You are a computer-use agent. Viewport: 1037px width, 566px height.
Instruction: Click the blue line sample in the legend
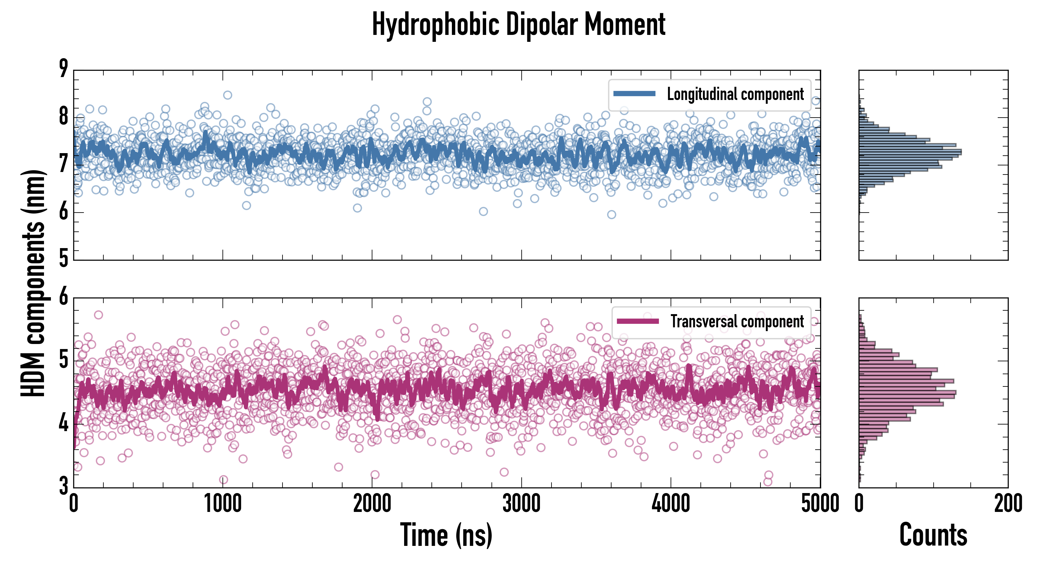pos(634,94)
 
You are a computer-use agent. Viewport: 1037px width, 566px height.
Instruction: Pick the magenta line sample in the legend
pos(638,321)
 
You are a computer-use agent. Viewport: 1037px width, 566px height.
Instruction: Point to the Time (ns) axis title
pos(446,535)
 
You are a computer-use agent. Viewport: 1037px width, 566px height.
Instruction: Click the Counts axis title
pos(933,535)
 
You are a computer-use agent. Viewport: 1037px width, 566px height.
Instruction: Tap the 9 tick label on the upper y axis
pos(63,69)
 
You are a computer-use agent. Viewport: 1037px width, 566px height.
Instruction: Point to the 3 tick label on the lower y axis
pos(63,486)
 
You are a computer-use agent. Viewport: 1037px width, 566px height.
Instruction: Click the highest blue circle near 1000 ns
pos(228,95)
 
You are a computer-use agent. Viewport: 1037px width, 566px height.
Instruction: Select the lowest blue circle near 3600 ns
pos(612,214)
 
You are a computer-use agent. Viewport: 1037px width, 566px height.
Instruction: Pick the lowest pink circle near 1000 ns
pos(223,480)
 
